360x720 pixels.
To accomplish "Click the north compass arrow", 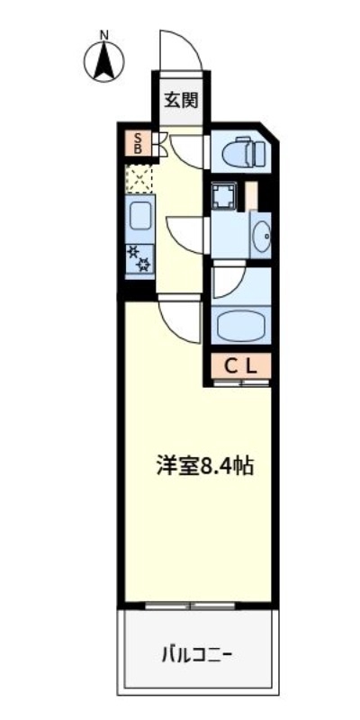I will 104,62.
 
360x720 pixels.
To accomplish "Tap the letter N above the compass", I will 104,36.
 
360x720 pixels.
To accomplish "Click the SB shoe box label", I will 139,143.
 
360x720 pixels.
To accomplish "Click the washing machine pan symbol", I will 222,197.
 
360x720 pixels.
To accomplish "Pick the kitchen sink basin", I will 140,217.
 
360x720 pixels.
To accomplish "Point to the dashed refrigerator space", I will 139,178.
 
